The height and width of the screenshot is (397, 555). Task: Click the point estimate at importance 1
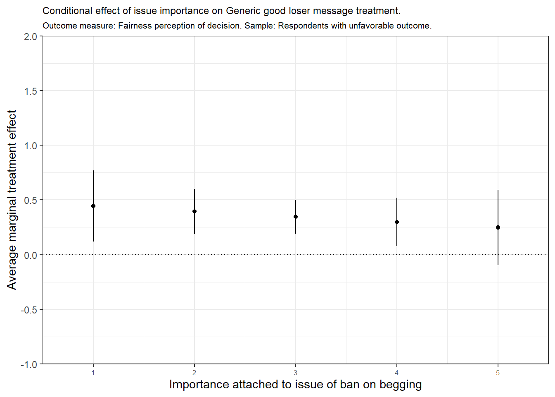[93, 206]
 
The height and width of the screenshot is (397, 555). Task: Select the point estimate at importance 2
[194, 211]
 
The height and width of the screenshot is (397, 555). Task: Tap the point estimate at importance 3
[296, 217]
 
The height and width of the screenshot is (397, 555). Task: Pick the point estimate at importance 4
[397, 222]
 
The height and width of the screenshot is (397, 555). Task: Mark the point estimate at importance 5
[498, 227]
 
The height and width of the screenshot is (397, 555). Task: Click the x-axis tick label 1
[93, 373]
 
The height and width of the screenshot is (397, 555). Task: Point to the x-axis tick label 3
[296, 373]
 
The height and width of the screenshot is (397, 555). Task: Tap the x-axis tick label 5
[498, 373]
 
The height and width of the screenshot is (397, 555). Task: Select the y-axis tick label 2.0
[31, 37]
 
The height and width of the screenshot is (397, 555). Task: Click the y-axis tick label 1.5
[31, 91]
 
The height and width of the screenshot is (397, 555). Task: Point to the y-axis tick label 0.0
[31, 255]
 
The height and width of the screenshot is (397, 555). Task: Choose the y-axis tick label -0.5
[29, 310]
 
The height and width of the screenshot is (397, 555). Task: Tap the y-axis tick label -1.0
[29, 365]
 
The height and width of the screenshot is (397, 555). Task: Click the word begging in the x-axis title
[401, 385]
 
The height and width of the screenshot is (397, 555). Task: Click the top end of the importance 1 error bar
[93, 171]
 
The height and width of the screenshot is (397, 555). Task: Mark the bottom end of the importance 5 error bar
[498, 265]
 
